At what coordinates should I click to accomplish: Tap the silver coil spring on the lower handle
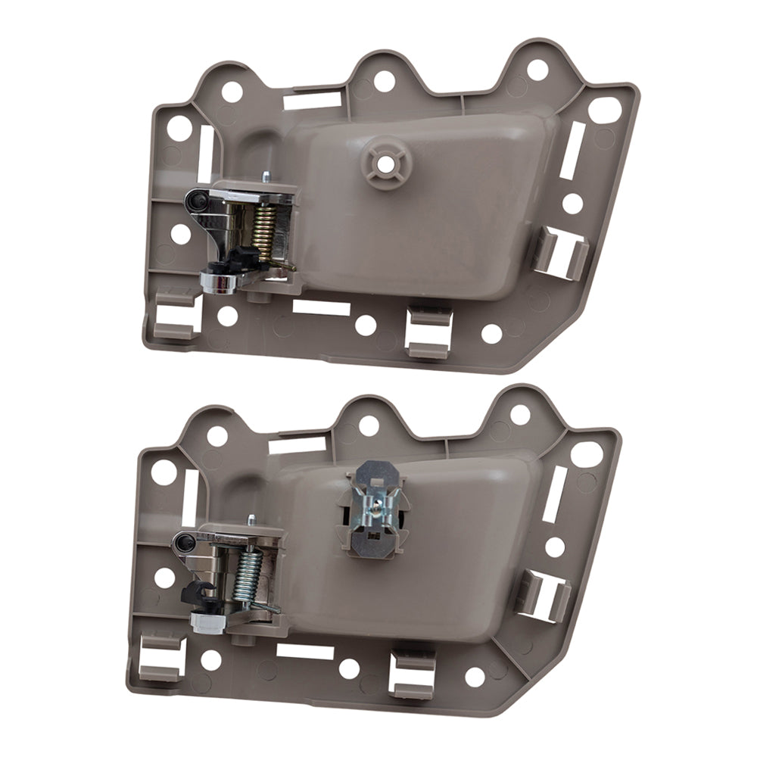252,575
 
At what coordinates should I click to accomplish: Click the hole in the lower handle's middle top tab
369,424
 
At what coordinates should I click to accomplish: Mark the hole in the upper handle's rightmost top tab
537,70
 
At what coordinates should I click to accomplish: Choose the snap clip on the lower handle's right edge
544,595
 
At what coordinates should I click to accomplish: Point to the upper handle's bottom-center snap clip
428,329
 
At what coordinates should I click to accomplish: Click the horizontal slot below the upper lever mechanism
321,308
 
